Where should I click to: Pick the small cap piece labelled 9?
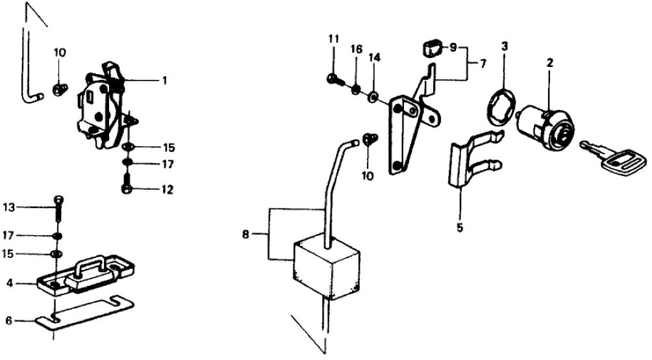pyautogui.click(x=429, y=47)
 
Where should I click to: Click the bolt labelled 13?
pyautogui.click(x=58, y=207)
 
